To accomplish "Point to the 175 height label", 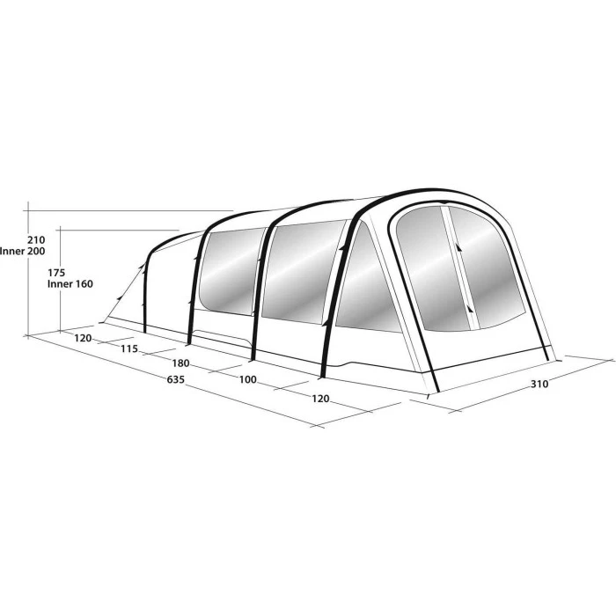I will coord(58,273).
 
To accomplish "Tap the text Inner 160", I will coord(70,284).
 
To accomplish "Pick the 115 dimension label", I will coord(129,349).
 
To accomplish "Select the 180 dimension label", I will coord(181,364).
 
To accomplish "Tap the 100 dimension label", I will coord(247,380).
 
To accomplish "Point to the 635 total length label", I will coord(175,381).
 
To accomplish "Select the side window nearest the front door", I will coord(363,282).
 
